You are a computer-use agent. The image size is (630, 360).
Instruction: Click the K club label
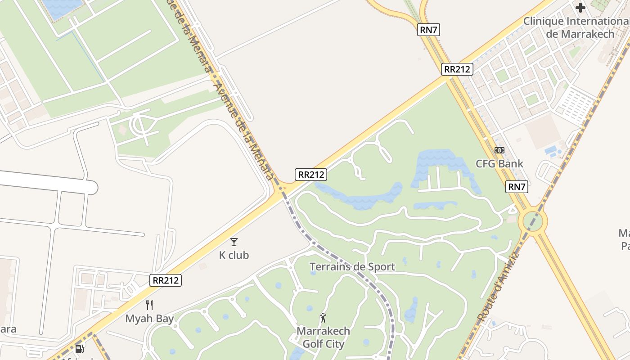pyautogui.click(x=234, y=255)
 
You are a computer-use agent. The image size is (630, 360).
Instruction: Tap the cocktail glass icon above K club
pyautogui.click(x=234, y=242)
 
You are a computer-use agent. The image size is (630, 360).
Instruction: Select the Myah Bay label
pyautogui.click(x=149, y=319)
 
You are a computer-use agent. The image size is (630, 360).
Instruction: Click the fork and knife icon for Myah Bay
pyautogui.click(x=149, y=305)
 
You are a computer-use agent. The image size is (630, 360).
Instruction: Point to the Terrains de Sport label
pyautogui.click(x=352, y=267)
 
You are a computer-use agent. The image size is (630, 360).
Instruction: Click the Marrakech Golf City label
pyautogui.click(x=323, y=337)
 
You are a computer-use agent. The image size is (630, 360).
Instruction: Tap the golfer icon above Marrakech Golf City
pyautogui.click(x=323, y=318)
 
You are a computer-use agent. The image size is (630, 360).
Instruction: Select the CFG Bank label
pyautogui.click(x=499, y=163)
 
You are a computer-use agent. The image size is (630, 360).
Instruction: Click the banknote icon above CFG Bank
pyautogui.click(x=499, y=150)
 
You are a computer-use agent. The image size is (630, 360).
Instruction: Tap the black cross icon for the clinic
pyautogui.click(x=580, y=8)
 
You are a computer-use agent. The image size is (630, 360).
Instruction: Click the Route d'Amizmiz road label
pyautogui.click(x=498, y=288)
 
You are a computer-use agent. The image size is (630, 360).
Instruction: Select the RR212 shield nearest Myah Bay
pyautogui.click(x=166, y=280)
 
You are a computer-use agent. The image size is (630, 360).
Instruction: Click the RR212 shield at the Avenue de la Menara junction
pyautogui.click(x=311, y=175)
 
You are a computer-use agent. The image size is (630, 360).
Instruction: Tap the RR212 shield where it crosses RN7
pyautogui.click(x=457, y=69)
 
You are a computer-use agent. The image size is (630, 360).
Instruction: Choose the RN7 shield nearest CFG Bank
pyautogui.click(x=517, y=187)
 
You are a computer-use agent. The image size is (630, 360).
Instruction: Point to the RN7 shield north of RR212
pyautogui.click(x=428, y=30)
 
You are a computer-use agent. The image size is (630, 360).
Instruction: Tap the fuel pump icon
pyautogui.click(x=80, y=349)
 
